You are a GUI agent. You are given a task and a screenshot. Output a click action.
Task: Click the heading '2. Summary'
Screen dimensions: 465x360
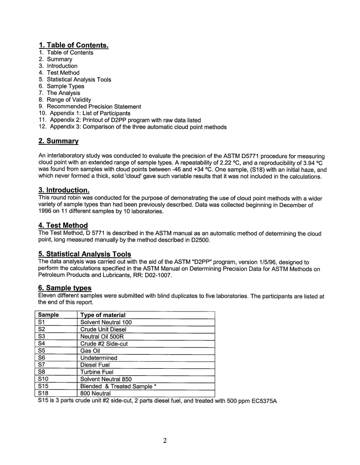58,141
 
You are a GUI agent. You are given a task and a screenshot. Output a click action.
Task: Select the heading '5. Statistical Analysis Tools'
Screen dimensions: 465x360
85,254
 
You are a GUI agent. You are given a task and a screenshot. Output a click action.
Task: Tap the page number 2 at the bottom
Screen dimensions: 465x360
165,440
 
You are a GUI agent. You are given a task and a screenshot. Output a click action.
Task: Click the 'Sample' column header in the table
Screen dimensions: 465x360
49,315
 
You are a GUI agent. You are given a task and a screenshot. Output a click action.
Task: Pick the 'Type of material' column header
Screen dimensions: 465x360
103,315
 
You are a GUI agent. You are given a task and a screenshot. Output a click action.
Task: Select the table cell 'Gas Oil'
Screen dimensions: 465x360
90,351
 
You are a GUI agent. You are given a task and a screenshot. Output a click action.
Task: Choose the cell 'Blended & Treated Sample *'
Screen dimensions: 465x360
118,386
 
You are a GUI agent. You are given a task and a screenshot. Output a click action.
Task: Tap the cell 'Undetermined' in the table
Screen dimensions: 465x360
99,358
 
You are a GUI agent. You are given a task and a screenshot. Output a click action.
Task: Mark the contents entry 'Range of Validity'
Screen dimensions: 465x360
69,100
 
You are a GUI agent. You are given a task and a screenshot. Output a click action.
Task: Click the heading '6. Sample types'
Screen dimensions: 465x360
65,288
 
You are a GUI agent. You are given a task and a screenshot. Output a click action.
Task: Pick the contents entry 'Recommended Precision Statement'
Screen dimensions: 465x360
94,106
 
